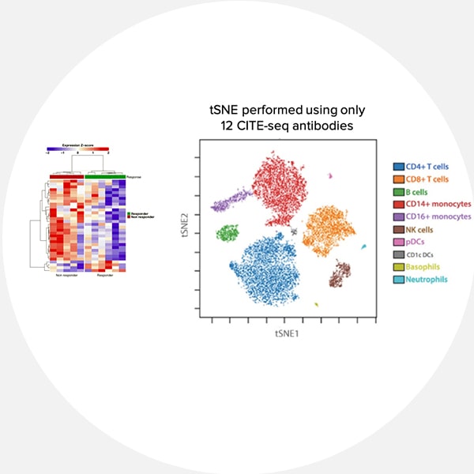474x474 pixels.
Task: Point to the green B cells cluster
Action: (x=228, y=232)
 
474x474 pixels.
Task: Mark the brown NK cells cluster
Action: (x=340, y=274)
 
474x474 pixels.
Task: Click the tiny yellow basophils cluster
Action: (x=316, y=304)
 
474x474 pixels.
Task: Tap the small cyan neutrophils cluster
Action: (x=363, y=248)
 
